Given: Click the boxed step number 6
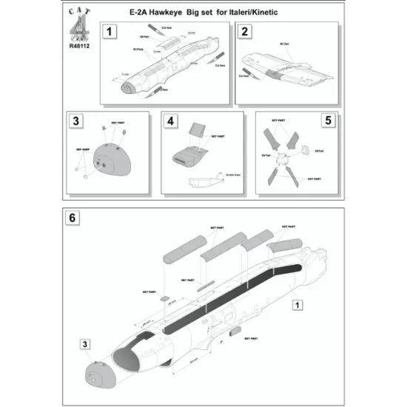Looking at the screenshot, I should (71, 220).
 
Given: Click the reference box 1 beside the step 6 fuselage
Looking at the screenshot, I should (297, 304).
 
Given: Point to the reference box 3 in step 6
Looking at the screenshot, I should (86, 344).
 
